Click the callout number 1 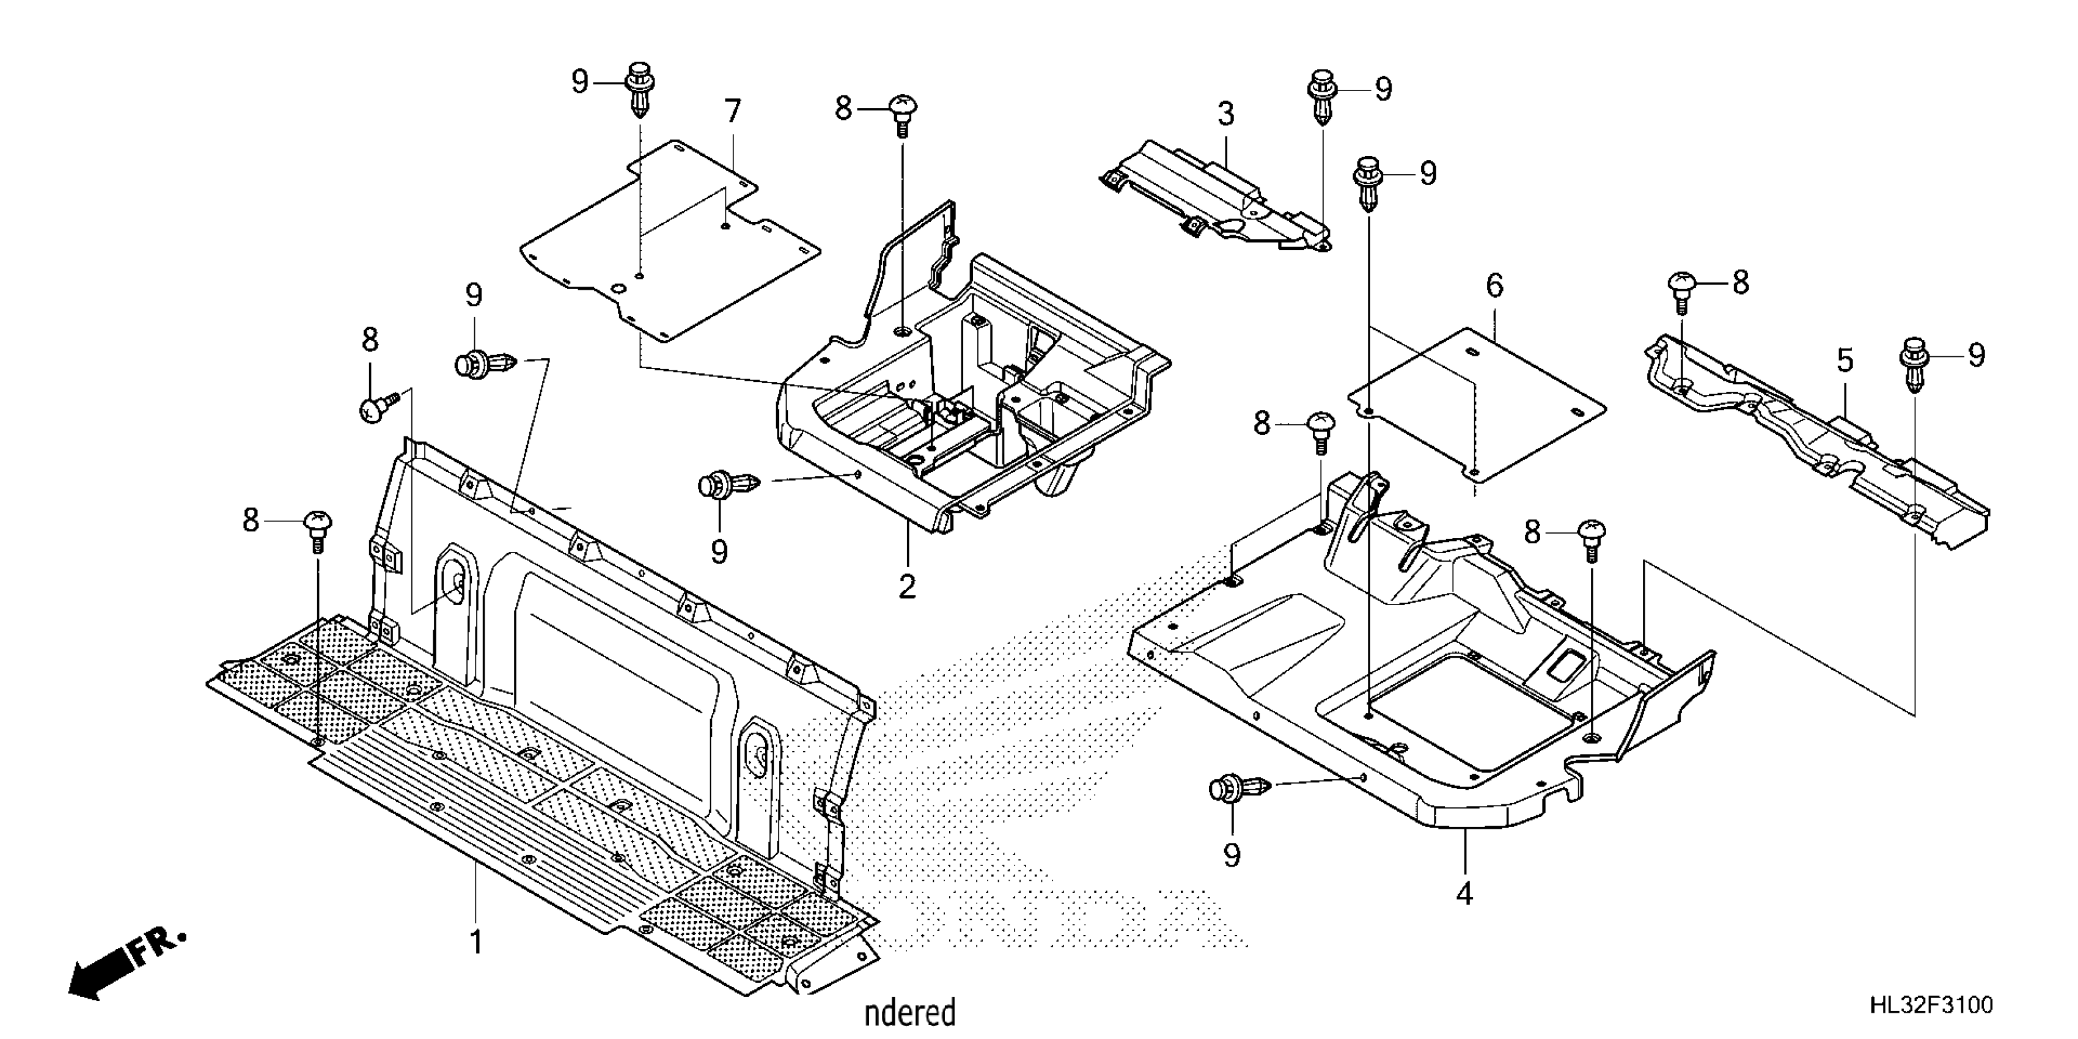[477, 941]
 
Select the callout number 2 [908, 587]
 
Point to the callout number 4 [1464, 893]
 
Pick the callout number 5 [1846, 361]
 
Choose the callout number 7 [732, 111]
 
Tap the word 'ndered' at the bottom [910, 1012]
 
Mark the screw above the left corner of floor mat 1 [318, 530]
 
